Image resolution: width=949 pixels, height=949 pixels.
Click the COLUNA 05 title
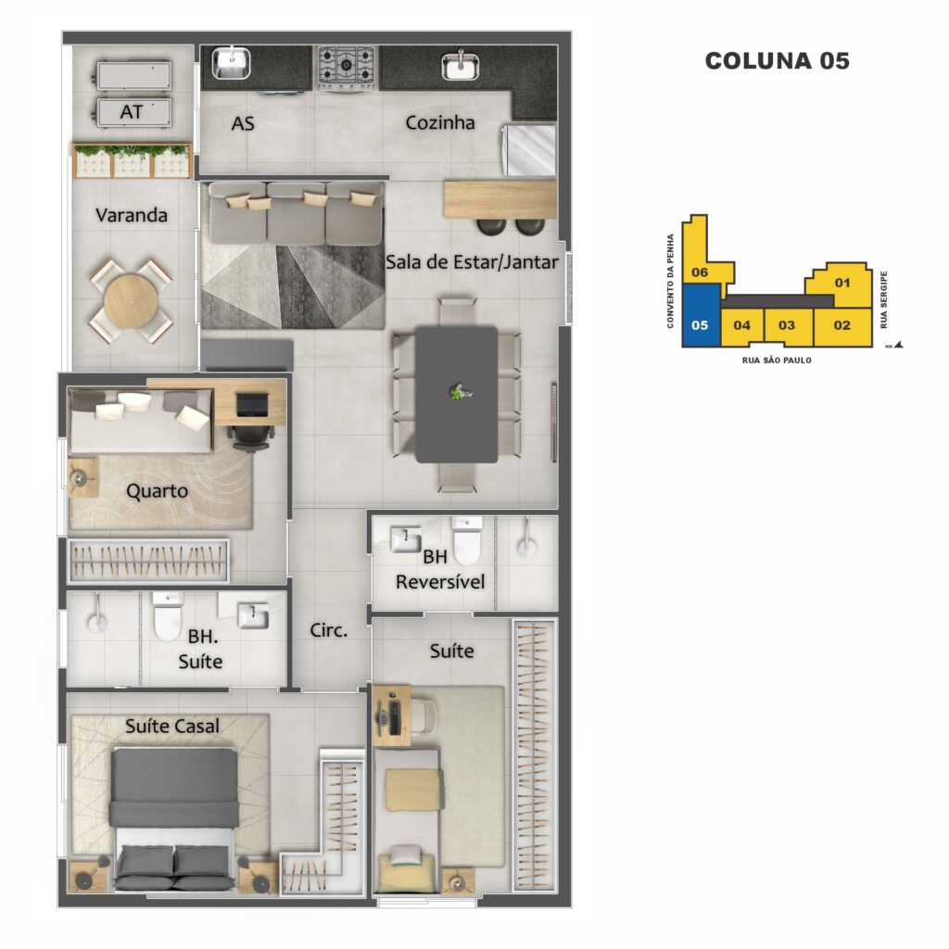point(778,61)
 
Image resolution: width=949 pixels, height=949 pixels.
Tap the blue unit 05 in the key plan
point(701,315)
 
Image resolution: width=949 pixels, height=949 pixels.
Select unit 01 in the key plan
point(841,285)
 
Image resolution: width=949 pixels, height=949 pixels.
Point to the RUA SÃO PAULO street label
point(777,361)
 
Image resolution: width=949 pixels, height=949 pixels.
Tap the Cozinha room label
point(440,123)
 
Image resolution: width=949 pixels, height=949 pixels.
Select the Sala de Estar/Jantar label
point(472,262)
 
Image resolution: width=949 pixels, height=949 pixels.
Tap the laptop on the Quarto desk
point(252,405)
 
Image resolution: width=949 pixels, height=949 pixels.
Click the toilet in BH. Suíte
point(168,615)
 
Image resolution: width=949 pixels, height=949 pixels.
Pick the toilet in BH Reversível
point(467,540)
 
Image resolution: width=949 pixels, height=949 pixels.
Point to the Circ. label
point(329,630)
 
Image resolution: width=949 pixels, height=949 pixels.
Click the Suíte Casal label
point(171,726)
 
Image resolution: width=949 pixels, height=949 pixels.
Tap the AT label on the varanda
point(132,112)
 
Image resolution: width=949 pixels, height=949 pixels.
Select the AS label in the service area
point(243,124)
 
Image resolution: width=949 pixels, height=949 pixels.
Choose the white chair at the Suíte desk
point(423,717)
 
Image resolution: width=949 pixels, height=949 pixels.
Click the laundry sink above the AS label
point(231,64)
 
